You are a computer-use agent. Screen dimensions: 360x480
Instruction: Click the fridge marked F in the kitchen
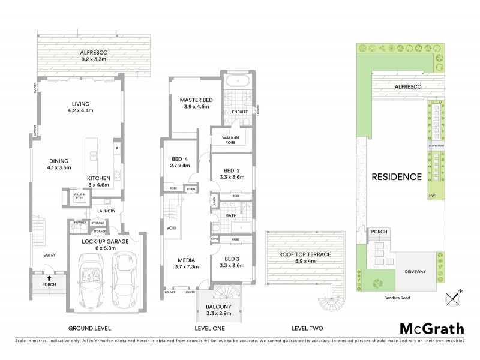pyautogui.click(x=116, y=147)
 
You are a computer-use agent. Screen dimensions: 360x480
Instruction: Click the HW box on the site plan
pyautogui.click(x=431, y=196)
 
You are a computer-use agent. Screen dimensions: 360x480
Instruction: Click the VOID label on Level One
pyautogui.click(x=170, y=228)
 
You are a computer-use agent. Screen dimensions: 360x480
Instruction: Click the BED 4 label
pyautogui.click(x=180, y=162)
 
